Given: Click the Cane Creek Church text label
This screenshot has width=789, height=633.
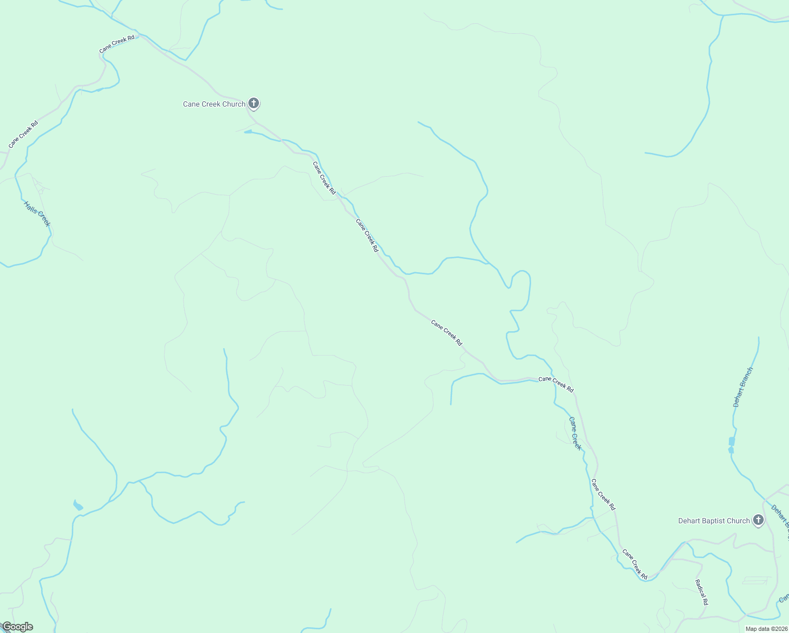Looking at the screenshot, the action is (x=214, y=104).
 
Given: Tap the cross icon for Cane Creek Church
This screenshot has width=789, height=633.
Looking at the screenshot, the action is (x=254, y=103).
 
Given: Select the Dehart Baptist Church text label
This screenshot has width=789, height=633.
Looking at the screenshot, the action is (x=714, y=521).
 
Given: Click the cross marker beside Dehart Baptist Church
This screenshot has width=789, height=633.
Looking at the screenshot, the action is (x=758, y=520).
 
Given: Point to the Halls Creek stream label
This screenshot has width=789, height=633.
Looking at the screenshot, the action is (x=37, y=214).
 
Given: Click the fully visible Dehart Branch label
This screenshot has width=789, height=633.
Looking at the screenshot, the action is (x=743, y=387).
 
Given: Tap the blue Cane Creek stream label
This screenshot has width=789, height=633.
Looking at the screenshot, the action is (x=575, y=433).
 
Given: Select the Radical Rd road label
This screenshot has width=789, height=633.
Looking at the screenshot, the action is (x=701, y=592).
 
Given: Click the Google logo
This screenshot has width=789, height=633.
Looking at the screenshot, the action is (x=17, y=627).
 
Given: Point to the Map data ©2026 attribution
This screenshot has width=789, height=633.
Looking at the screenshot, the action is (x=766, y=629).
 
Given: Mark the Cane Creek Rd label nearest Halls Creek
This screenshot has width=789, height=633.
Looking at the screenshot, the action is (x=23, y=135).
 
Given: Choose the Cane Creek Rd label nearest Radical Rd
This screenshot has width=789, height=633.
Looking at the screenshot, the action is (x=634, y=564).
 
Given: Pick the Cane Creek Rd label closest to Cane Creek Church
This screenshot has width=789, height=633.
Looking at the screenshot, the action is (x=324, y=178).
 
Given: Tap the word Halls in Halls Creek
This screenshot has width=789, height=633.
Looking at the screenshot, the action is (x=31, y=207).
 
